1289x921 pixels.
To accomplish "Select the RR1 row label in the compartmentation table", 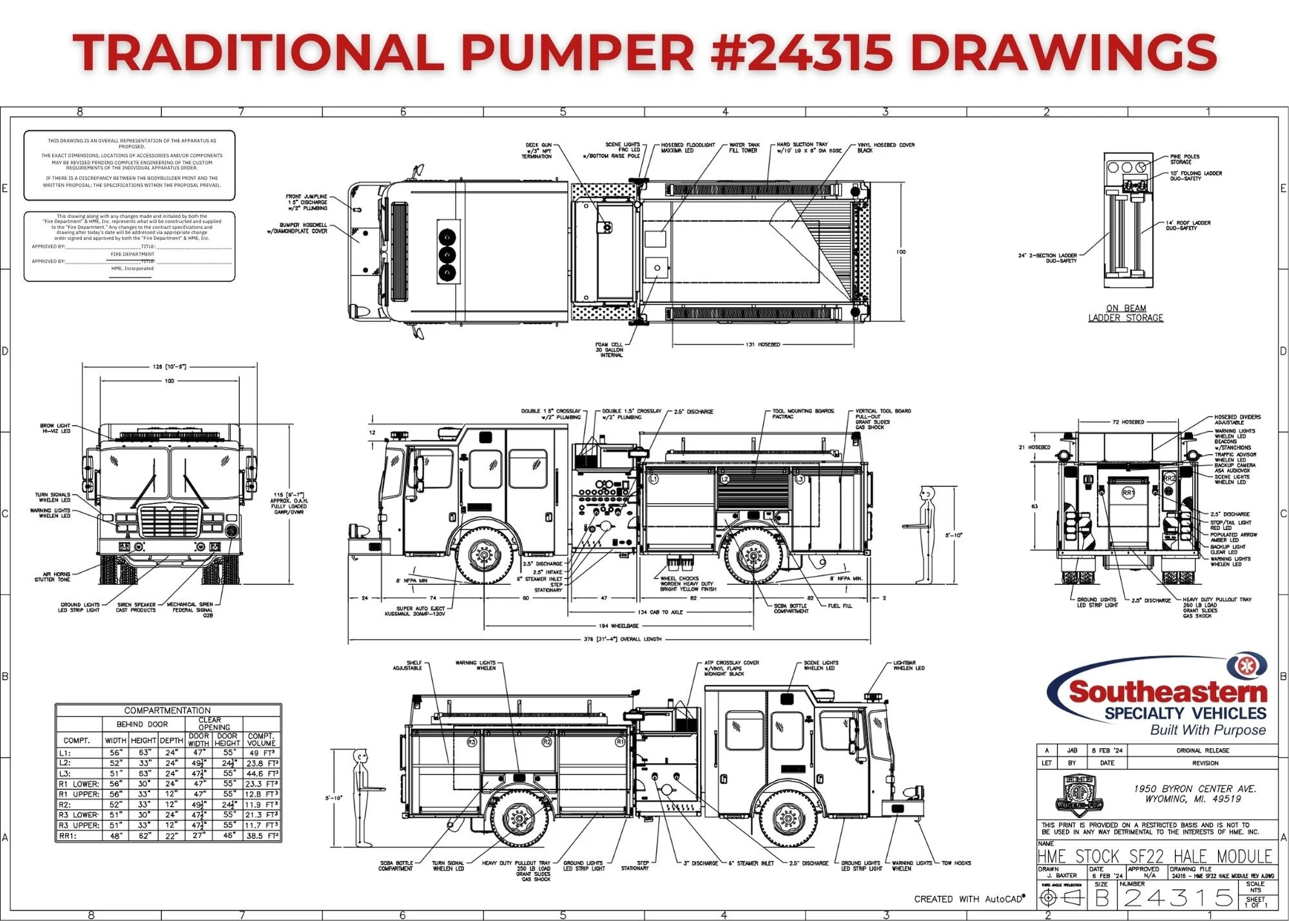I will tap(68, 835).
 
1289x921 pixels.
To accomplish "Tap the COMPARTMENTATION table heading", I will tap(167, 710).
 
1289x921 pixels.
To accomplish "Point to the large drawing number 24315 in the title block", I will tap(1179, 897).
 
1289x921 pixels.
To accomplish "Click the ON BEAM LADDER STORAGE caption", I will tap(1126, 313).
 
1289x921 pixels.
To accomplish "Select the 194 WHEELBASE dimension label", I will tap(618, 626).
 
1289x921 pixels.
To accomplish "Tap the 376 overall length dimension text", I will tap(621, 639).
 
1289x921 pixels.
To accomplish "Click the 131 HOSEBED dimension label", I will tap(762, 344).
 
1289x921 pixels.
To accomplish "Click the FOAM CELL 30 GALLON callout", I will tap(609, 350).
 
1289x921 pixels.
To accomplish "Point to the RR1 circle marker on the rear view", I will tap(1128, 493).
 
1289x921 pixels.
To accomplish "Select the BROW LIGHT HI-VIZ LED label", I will tap(55, 428).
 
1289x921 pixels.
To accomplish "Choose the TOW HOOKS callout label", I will tap(956, 863).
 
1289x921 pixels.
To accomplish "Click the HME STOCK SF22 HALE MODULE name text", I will tap(1154, 856).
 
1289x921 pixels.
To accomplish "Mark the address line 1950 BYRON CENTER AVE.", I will tap(1195, 789).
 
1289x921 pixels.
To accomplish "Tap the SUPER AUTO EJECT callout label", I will tap(421, 611).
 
